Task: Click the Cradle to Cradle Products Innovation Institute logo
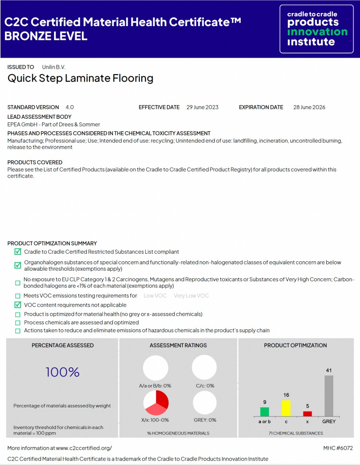coord(317,29)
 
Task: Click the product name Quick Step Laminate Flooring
coord(81,78)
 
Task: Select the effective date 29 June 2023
coord(202,107)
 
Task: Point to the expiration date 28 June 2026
coord(309,107)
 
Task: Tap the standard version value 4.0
coord(69,107)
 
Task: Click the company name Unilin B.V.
coord(54,67)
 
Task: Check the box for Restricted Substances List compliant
coord(18,252)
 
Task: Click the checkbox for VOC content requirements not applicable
coord(18,305)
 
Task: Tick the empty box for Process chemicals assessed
coord(18,322)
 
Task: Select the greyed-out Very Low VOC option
coord(191,296)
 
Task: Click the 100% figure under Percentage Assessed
coord(63,372)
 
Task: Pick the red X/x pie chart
coord(156,402)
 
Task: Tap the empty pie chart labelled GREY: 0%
coord(204,402)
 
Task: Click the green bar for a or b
coord(265,411)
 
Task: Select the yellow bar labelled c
coord(286,408)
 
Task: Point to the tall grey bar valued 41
coord(329,396)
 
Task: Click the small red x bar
coord(307,414)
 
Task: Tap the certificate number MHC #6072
coord(338,448)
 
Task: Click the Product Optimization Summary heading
coord(52,243)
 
